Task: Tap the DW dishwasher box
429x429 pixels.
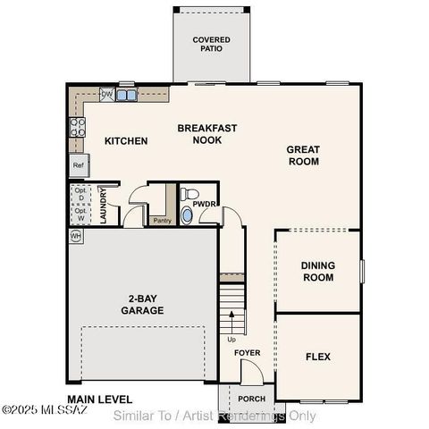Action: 107,94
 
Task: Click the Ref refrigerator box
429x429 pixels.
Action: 79,165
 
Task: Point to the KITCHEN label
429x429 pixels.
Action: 126,141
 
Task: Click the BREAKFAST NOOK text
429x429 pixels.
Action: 206,134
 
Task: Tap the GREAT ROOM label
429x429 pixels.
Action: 302,156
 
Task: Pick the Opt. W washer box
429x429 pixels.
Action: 81,214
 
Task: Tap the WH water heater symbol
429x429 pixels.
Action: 76,236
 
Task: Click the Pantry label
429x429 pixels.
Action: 162,220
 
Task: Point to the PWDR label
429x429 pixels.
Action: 206,204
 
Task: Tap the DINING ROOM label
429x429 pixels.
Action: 317,271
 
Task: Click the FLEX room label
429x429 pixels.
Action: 317,357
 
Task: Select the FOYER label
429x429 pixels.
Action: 248,353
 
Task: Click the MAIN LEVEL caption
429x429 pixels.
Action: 99,399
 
